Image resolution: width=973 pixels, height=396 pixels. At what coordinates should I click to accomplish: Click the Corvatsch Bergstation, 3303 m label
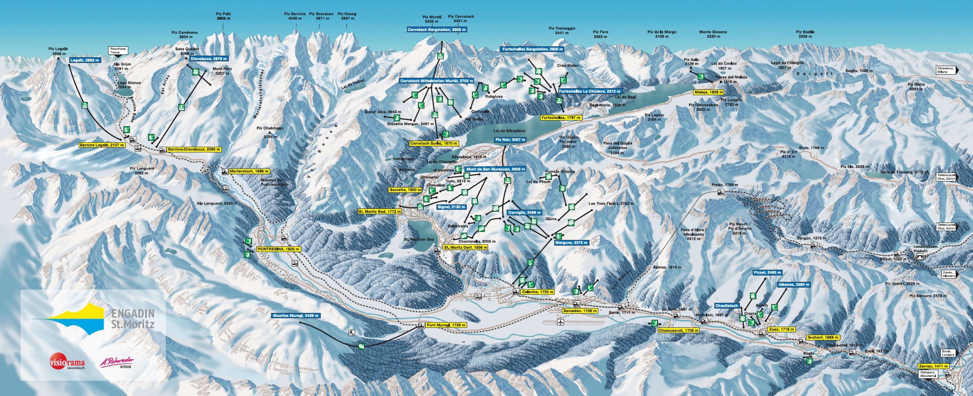(x=436, y=30)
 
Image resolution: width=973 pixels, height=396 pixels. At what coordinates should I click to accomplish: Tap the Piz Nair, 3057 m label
(x=510, y=140)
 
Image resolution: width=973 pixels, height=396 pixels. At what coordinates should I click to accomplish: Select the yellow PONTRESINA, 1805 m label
(x=279, y=249)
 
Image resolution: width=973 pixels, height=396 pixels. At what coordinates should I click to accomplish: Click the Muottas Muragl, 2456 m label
(x=296, y=316)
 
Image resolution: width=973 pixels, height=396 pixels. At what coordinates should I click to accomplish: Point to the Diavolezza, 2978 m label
(x=209, y=58)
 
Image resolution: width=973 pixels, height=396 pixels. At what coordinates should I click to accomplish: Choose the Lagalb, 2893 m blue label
(x=85, y=60)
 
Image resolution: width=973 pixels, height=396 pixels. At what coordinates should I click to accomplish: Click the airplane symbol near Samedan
(x=560, y=322)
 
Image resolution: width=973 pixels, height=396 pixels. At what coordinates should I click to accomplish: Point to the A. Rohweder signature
(x=117, y=362)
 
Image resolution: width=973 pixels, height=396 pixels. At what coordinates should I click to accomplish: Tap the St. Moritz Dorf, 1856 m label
(x=465, y=247)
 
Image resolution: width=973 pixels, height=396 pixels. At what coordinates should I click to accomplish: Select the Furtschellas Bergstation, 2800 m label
(x=532, y=49)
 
